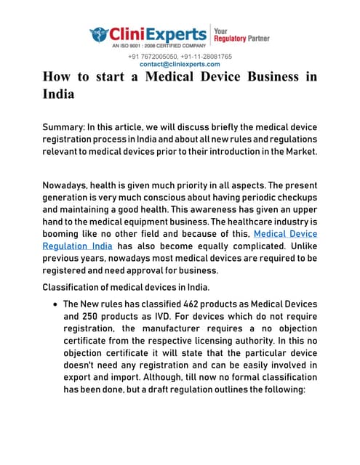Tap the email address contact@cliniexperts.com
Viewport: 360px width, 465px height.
pos(180,64)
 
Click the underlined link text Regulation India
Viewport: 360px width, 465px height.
pos(78,246)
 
